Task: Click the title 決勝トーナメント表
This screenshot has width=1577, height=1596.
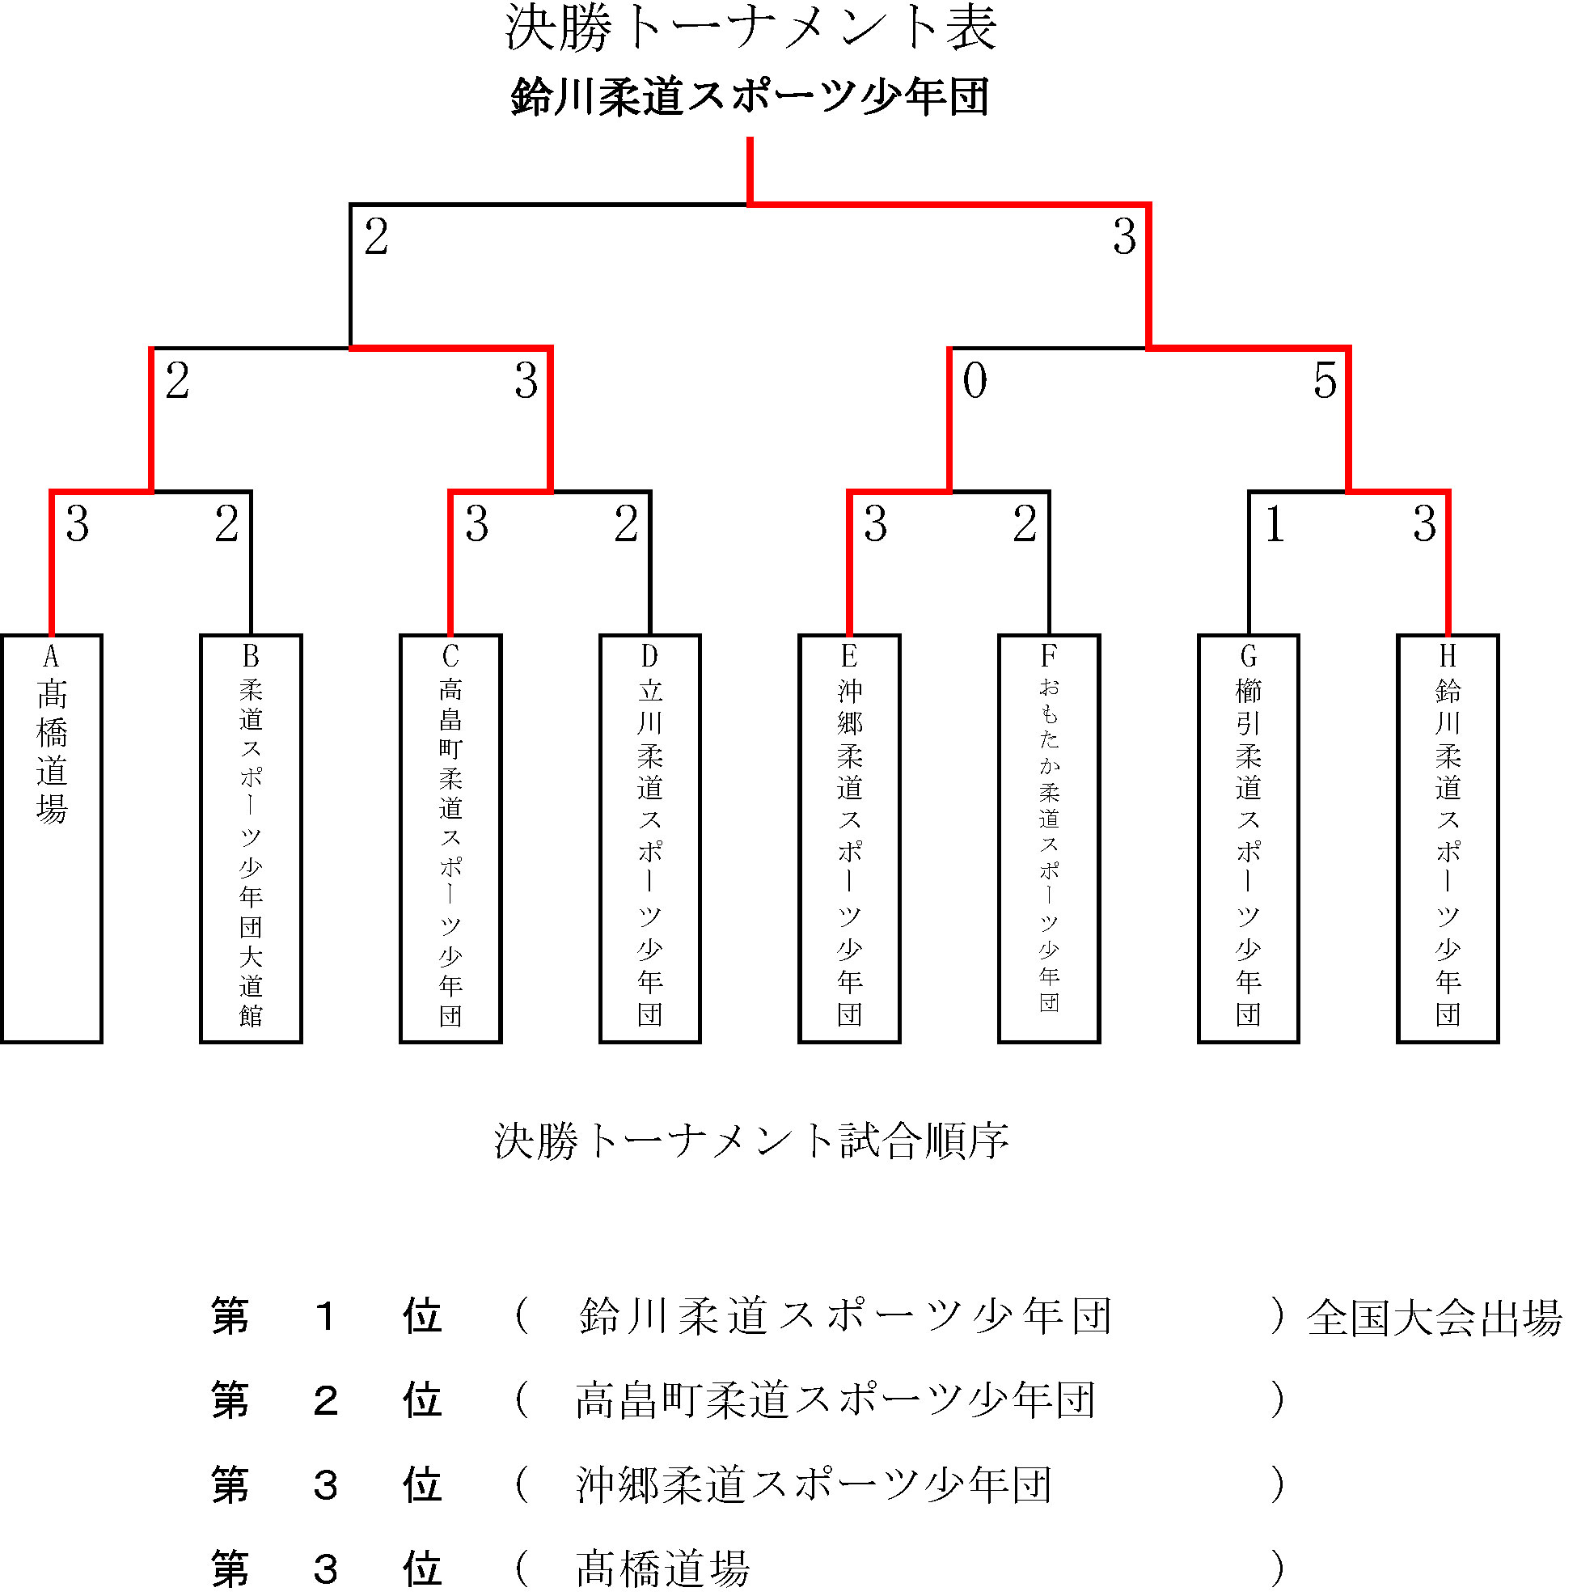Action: pos(750,28)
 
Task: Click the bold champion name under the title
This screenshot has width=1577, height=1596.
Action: pos(750,96)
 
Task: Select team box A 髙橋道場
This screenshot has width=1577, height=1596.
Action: pos(51,839)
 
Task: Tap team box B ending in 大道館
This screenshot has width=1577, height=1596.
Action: pos(252,839)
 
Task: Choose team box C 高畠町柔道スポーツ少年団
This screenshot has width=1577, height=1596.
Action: pos(451,839)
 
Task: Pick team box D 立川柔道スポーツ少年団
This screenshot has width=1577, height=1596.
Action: pos(650,839)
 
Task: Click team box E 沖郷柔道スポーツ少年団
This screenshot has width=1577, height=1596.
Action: pos(849,839)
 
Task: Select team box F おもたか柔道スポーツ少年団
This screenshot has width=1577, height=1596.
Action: pos(1049,839)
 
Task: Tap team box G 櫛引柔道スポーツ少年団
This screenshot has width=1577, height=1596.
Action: pos(1248,839)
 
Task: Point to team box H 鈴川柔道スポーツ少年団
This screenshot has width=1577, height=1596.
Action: pos(1448,839)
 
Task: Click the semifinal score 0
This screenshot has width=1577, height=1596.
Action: pos(975,381)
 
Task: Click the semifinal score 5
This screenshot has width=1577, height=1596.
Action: pos(1325,381)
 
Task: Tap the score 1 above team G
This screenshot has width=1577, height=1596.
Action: pos(1275,523)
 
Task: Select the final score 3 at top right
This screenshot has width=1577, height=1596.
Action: pos(1124,237)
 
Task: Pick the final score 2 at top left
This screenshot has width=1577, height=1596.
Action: pos(376,237)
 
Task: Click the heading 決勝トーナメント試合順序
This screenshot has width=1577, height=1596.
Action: pos(751,1141)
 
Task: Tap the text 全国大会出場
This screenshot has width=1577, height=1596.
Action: pos(1434,1319)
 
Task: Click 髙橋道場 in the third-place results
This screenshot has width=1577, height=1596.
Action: pos(662,1568)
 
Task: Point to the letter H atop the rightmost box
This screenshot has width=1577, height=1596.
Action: pos(1448,656)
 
